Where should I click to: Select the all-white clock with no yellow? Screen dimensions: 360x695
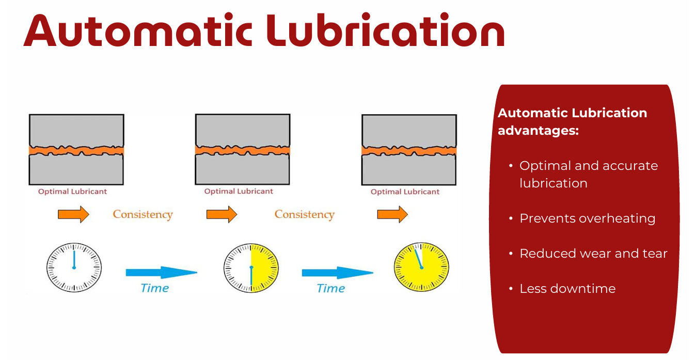[x=74, y=268]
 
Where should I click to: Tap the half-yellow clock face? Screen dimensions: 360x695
[x=251, y=268]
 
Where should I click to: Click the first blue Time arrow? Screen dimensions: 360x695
[x=161, y=272]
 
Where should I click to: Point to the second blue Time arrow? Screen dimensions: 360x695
[x=337, y=272]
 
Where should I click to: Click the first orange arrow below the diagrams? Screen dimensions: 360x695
[x=73, y=214]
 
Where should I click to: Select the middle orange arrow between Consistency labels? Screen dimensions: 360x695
[x=222, y=214]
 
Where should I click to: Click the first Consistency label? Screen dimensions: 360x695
[x=143, y=214]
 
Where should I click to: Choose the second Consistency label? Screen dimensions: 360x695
[x=304, y=214]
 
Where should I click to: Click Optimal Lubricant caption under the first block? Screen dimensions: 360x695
[x=72, y=192]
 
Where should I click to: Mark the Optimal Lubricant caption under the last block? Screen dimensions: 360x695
[x=405, y=192]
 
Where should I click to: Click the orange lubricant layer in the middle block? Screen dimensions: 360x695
[x=243, y=150]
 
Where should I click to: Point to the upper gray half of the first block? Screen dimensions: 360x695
[x=76, y=129]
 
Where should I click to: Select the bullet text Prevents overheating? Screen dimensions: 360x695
[x=587, y=218]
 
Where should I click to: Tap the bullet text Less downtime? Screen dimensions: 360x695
[x=567, y=289]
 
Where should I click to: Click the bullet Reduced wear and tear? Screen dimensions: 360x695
[x=593, y=254]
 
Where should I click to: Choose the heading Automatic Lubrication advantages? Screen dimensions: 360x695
[x=572, y=121]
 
